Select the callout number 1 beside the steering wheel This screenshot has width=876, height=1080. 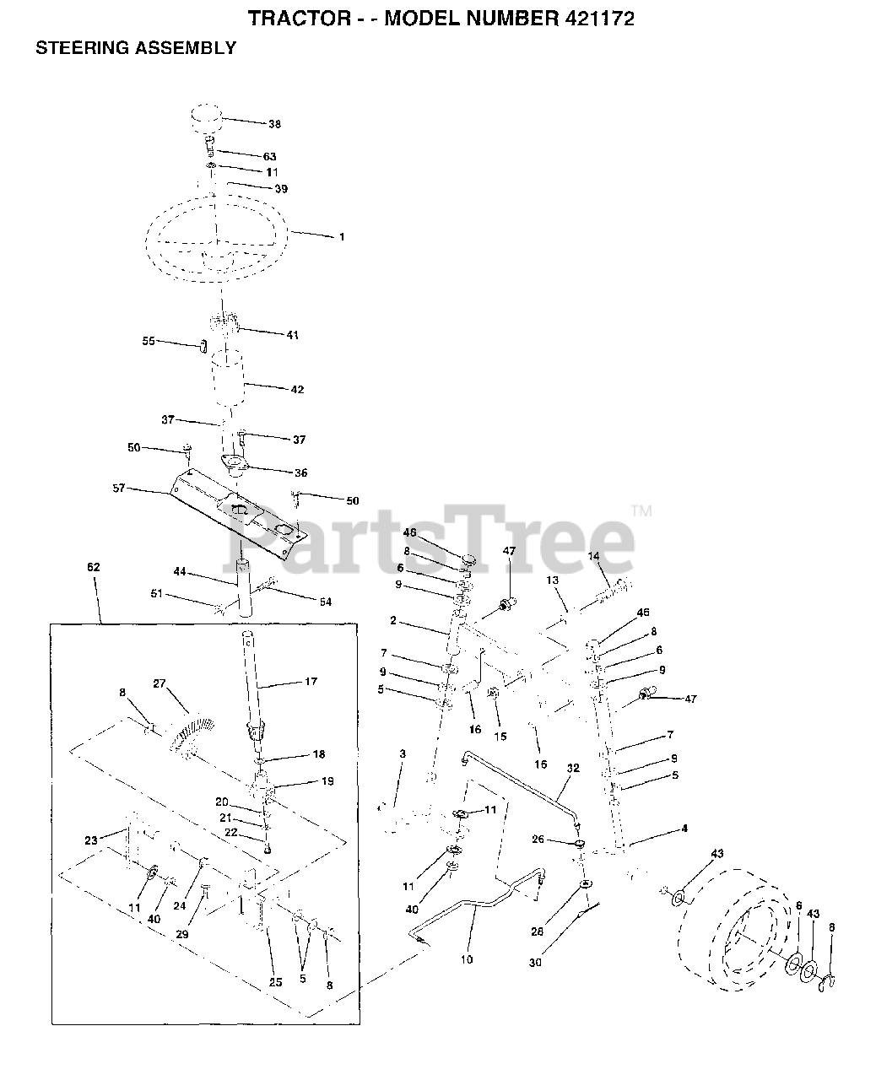(x=342, y=237)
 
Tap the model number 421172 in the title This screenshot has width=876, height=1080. (x=591, y=18)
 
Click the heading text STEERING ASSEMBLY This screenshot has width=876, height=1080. (x=135, y=48)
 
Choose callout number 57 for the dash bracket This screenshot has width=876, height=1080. (x=118, y=488)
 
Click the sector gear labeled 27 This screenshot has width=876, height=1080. (x=191, y=728)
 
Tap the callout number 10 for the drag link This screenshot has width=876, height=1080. (x=467, y=959)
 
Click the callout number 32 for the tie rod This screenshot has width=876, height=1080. (x=573, y=769)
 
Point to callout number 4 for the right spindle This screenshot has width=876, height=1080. (x=684, y=829)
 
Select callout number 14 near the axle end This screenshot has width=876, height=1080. (x=593, y=556)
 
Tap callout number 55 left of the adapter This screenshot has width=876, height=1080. (x=149, y=342)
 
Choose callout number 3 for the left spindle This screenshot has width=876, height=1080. (x=403, y=753)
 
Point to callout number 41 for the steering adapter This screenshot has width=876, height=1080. (x=292, y=335)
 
